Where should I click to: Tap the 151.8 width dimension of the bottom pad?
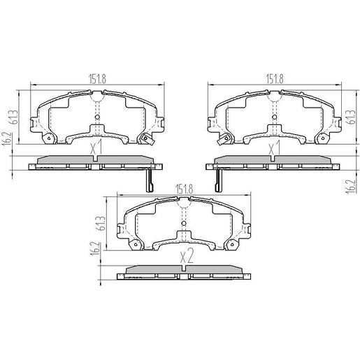tap(185, 188)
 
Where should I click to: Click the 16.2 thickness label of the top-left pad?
tap(6, 143)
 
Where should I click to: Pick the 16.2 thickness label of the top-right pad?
tap(347, 187)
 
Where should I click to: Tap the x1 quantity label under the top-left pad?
tap(96, 147)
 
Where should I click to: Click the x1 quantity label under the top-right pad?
tap(275, 147)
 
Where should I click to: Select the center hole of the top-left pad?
tap(96, 117)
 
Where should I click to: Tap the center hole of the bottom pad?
tap(185, 225)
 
